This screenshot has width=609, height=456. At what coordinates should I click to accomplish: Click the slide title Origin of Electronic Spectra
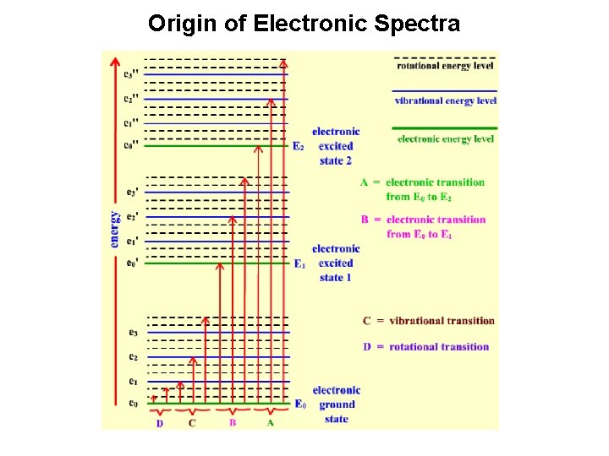pos(304,24)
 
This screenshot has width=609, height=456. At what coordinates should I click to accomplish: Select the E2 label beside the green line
pos(298,146)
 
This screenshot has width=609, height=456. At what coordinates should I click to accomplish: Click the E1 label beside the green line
pos(299,264)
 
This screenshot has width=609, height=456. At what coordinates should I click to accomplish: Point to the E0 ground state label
pos(299,404)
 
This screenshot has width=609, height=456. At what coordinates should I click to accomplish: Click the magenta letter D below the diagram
pos(160,423)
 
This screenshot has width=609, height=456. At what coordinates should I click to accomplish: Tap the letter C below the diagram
pos(192,423)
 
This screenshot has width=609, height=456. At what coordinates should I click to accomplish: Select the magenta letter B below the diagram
pos(233,422)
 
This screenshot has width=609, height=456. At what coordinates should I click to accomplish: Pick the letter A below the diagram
pos(270,422)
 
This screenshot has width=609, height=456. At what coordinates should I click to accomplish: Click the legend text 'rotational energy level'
pos(446,65)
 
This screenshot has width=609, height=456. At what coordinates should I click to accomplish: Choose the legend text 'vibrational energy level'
pos(446,101)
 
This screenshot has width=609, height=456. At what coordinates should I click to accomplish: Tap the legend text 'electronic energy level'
pos(446,138)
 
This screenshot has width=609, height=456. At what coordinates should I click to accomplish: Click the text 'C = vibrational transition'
pos(428,321)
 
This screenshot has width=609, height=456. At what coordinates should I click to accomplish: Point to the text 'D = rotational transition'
pos(425,346)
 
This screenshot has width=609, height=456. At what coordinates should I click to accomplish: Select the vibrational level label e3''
pos(131,74)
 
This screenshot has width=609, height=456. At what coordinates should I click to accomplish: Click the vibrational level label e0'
pos(131,263)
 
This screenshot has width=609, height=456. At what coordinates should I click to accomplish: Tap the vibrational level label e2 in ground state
pos(132,357)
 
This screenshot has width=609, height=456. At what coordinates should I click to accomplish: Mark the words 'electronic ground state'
pos(336,404)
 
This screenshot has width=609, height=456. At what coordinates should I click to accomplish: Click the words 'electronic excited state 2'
pos(336,146)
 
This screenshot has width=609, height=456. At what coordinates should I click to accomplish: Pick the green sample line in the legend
pos(444,128)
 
